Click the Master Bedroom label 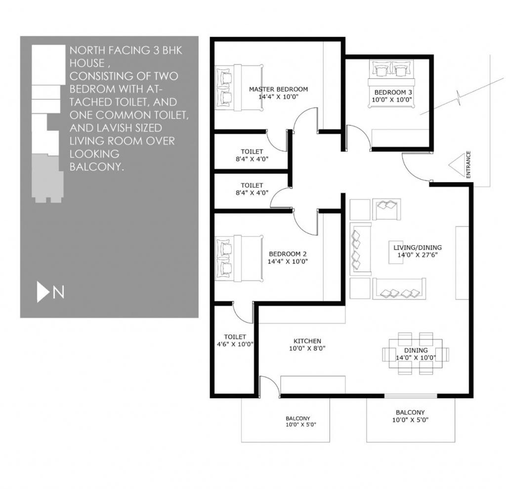pos(278,89)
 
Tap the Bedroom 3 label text pos(393,92)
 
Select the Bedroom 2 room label pos(288,254)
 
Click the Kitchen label pos(307,341)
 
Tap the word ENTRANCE pos(468,164)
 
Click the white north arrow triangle pos(42,292)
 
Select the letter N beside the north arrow pos(58,293)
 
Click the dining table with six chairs pos(416,354)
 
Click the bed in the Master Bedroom pos(239,88)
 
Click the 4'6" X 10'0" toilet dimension pos(235,344)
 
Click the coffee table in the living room pos(396,252)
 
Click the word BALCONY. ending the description pos(97,167)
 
